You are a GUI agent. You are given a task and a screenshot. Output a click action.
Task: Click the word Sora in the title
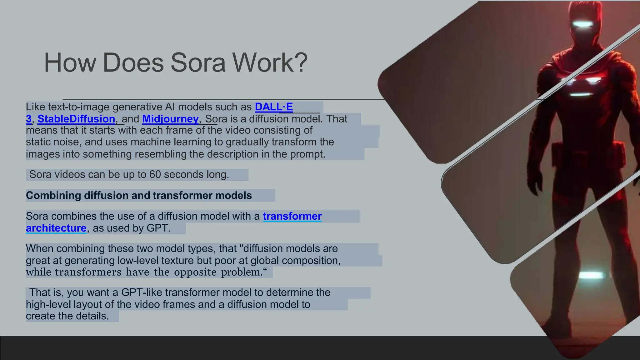[x=198, y=62]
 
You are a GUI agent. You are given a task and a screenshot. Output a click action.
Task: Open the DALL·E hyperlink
[x=274, y=107]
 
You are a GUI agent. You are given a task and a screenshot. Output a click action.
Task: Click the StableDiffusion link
[x=76, y=119]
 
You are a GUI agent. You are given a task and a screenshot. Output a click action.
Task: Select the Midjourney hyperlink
[x=170, y=119]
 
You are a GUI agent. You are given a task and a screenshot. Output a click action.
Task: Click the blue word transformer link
[x=292, y=216]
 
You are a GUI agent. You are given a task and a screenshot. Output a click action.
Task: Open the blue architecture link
[x=56, y=228]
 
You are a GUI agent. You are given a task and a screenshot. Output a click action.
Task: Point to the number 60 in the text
[x=155, y=174]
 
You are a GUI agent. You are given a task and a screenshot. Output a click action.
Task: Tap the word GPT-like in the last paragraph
[x=142, y=292]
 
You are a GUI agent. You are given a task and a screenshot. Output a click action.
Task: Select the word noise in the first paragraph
[x=66, y=142]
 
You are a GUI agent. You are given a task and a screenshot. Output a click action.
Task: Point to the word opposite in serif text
[x=195, y=272]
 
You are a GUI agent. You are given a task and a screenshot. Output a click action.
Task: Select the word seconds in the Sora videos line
[x=183, y=174]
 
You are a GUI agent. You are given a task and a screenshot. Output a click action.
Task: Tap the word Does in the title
[x=133, y=62]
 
